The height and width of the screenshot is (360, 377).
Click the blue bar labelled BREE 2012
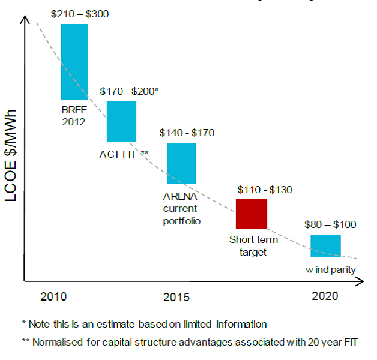74,61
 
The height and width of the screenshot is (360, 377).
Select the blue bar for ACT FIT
121,121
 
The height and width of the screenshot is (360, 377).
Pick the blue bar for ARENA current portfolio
181,163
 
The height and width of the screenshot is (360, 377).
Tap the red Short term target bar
251,213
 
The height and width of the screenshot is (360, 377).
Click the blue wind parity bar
325,246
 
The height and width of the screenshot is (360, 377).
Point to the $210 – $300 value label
80,14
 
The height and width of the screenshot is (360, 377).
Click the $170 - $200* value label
129,91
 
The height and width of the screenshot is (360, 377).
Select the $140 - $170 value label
187,133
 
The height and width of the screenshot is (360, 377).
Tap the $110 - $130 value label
265,190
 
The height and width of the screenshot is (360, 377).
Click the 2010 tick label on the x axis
53,296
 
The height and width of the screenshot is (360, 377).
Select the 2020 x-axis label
325,296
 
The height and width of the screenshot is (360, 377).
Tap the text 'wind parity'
330,270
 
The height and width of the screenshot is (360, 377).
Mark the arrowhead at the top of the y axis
25,19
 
